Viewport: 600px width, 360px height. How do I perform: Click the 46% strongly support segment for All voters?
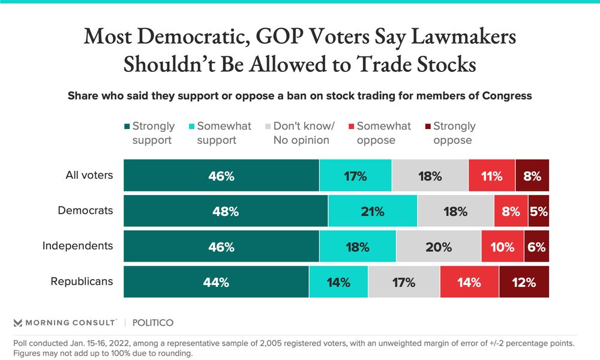(221, 176)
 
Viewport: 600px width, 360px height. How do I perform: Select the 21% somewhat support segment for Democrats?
(373, 211)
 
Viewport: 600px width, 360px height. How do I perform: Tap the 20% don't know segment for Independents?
(439, 246)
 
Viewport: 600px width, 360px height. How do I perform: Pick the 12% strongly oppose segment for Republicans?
(524, 281)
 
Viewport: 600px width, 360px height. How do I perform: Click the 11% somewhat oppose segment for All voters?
(491, 176)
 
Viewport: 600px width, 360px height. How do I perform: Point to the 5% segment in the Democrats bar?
(538, 211)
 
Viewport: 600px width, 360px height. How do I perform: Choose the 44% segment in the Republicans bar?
(216, 281)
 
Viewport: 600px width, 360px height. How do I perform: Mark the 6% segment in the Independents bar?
(536, 246)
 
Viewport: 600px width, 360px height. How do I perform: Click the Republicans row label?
(82, 281)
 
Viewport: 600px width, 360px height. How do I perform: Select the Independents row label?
(77, 246)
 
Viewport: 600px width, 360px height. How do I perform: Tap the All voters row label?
(89, 176)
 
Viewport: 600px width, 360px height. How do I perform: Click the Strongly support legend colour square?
(127, 127)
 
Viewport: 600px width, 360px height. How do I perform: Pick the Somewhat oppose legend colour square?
(351, 127)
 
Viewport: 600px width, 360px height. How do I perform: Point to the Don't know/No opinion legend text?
(304, 133)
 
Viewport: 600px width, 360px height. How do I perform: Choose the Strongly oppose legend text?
(454, 133)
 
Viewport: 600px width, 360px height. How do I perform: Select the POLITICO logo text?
(152, 323)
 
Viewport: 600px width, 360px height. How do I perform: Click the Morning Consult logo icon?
(17, 323)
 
